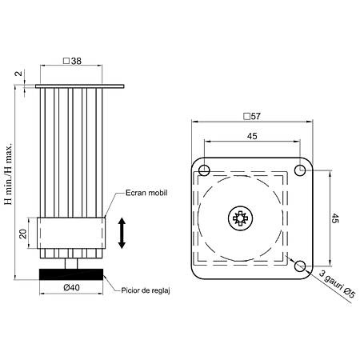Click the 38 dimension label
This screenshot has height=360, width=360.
click(76, 61)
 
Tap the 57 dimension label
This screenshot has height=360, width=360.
click(255, 116)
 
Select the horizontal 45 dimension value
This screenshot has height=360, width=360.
click(252, 136)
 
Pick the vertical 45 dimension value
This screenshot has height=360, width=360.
click(335, 218)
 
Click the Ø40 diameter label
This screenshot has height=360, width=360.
click(72, 287)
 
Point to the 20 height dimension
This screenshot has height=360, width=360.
click(24, 234)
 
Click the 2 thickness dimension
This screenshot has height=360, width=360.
click(19, 74)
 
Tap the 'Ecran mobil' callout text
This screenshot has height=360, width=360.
click(146, 193)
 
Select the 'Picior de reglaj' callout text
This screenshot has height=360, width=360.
click(146, 290)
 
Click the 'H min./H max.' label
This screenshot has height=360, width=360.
click(9, 174)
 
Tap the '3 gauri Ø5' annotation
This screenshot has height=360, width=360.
click(337, 284)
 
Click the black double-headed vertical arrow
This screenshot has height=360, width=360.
click(122, 233)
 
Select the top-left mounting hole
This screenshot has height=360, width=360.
click(204, 170)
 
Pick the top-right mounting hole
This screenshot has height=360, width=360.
click(300, 170)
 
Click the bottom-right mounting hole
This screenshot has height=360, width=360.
click(300, 266)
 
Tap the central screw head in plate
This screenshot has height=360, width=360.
click(241, 218)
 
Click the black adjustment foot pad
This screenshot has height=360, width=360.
click(71, 274)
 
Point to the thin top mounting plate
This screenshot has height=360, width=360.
click(80, 86)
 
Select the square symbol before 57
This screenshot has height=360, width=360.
click(246, 117)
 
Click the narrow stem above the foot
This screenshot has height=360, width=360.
click(71, 263)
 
